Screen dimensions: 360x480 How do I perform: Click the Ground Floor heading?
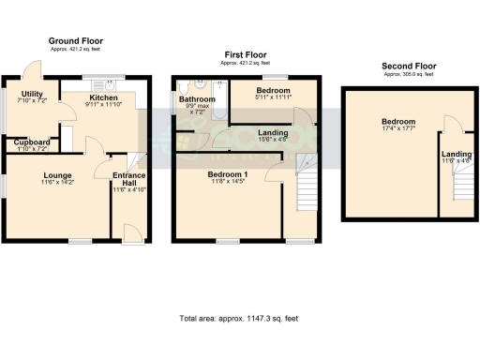(x=76, y=41)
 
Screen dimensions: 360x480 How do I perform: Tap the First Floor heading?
(x=242, y=55)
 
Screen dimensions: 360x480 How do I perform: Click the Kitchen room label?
(x=103, y=97)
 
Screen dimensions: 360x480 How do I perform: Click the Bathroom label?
(x=197, y=98)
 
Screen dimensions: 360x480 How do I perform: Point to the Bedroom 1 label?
(x=228, y=174)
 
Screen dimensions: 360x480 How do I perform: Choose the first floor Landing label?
(x=273, y=133)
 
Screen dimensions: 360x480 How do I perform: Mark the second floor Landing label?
(x=457, y=154)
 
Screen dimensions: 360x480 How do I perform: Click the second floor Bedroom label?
(x=398, y=122)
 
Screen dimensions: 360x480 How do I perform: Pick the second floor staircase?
(x=458, y=187)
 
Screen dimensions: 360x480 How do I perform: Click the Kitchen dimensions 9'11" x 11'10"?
(x=103, y=105)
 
